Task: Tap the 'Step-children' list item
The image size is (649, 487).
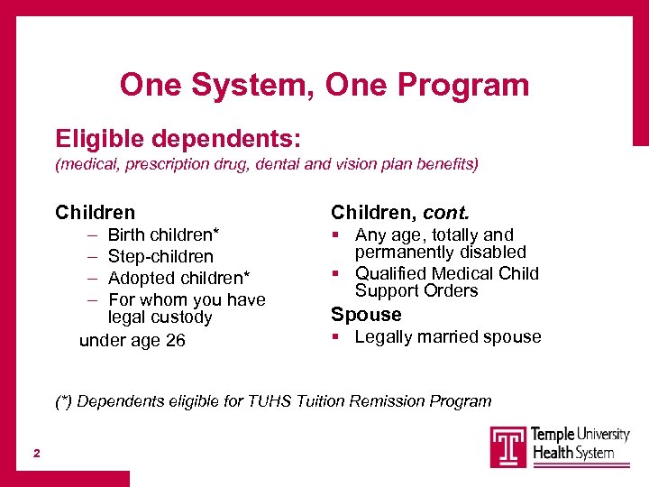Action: (160, 257)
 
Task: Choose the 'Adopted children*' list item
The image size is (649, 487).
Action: (179, 278)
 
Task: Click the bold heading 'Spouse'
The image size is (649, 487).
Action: (366, 314)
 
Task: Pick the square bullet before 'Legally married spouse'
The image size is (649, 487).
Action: (335, 336)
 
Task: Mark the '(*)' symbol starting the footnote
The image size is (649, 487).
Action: (63, 401)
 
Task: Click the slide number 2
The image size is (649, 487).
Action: (37, 454)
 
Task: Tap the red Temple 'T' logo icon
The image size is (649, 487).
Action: (508, 447)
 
